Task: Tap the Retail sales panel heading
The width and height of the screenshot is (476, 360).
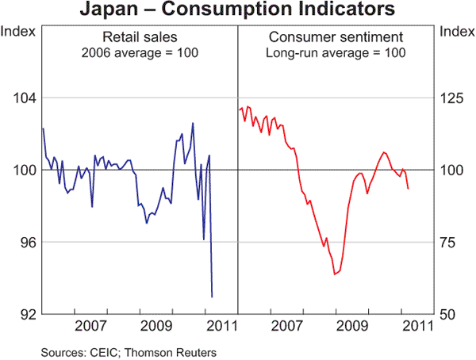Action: pos(140,36)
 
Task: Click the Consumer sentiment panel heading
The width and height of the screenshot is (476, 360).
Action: pos(337,36)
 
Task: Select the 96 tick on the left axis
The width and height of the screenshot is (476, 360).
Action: pos(23,242)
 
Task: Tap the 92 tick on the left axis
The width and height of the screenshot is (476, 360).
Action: pos(23,314)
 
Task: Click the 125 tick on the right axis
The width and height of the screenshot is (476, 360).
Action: pos(453,98)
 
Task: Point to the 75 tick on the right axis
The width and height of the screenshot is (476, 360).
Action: pos(450,242)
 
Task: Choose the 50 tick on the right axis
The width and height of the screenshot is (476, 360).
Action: pos(450,314)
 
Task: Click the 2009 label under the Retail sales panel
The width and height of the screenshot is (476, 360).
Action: pos(155,326)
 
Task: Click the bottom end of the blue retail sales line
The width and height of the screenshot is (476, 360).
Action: pos(212,297)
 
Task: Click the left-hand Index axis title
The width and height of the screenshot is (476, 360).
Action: pos(17,32)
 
